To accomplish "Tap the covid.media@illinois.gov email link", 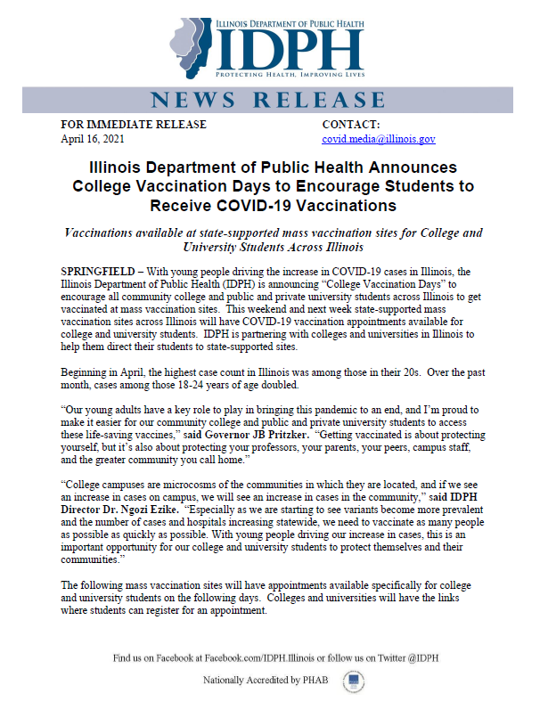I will tap(378, 140).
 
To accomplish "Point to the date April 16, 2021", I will tap(93, 140).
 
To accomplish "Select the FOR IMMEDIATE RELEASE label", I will tap(133, 125).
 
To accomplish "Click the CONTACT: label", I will tap(350, 125).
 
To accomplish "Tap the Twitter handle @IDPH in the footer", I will tap(415, 658).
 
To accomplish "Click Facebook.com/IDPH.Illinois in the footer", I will tap(268, 658).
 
